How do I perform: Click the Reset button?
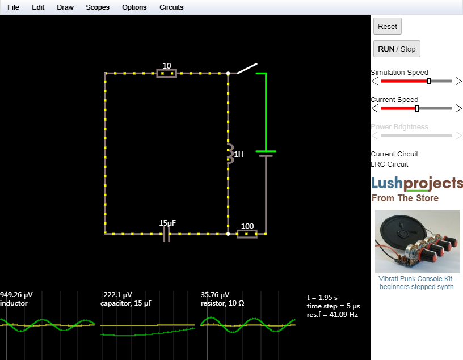pyautogui.click(x=387, y=26)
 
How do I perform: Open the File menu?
pyautogui.click(x=13, y=7)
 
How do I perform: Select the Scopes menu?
pyautogui.click(x=98, y=7)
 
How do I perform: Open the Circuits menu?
pyautogui.click(x=171, y=7)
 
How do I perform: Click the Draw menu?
pyautogui.click(x=65, y=7)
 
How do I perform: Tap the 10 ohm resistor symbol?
pyautogui.click(x=167, y=73)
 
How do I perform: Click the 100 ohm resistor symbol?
pyautogui.click(x=247, y=234)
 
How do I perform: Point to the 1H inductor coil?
pyautogui.click(x=230, y=154)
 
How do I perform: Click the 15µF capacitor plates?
pyautogui.click(x=167, y=234)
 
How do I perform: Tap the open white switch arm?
pyautogui.click(x=247, y=69)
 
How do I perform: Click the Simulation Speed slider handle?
pyautogui.click(x=428, y=81)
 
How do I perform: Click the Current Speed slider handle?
pyautogui.click(x=417, y=108)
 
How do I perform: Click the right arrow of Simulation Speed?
pyautogui.click(x=458, y=81)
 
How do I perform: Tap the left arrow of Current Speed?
pyautogui.click(x=374, y=108)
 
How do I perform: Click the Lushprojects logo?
pyautogui.click(x=416, y=184)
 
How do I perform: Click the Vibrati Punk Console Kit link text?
pyautogui.click(x=416, y=283)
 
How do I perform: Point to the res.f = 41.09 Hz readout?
pyautogui.click(x=332, y=315)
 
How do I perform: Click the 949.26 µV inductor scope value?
pyautogui.click(x=16, y=294)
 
